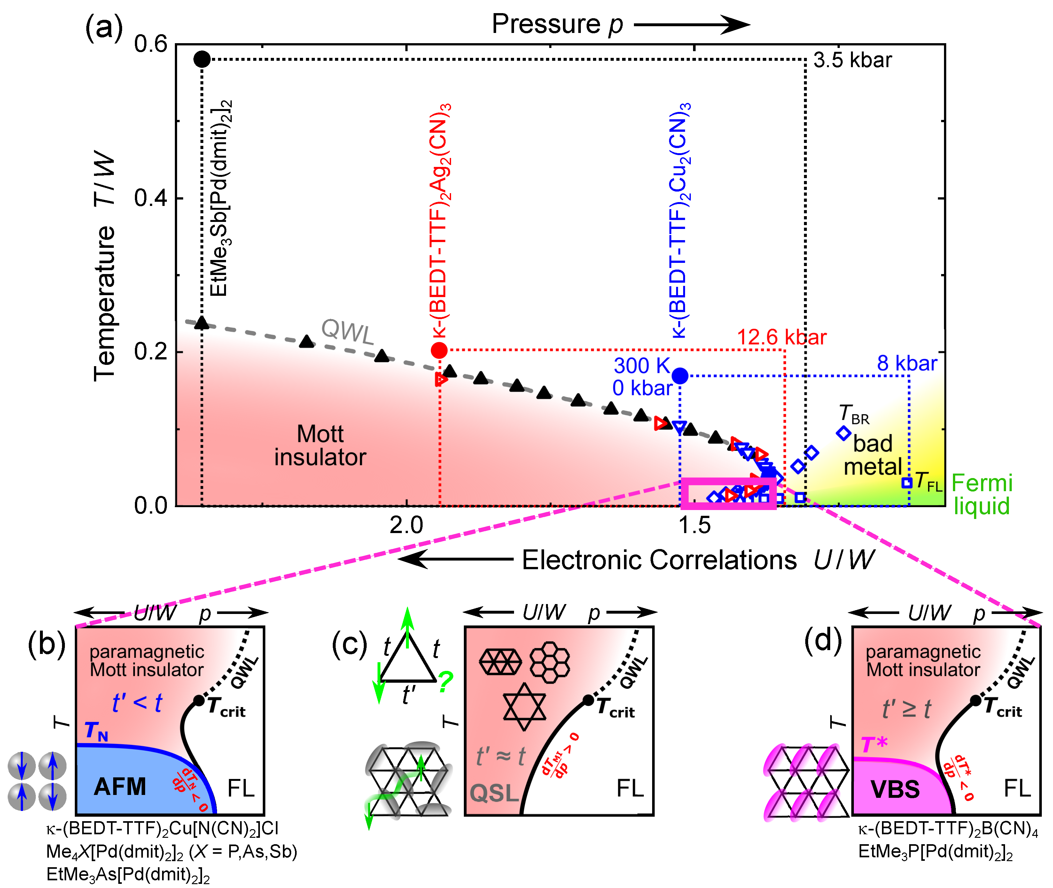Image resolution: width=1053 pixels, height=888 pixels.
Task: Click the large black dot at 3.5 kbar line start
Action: (202, 59)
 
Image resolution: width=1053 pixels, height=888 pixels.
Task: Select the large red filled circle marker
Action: (439, 350)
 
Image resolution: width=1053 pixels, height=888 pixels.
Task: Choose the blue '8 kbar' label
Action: (907, 364)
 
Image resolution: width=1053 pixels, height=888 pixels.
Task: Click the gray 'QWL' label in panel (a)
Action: (348, 331)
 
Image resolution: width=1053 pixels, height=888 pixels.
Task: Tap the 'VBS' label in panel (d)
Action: (895, 789)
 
